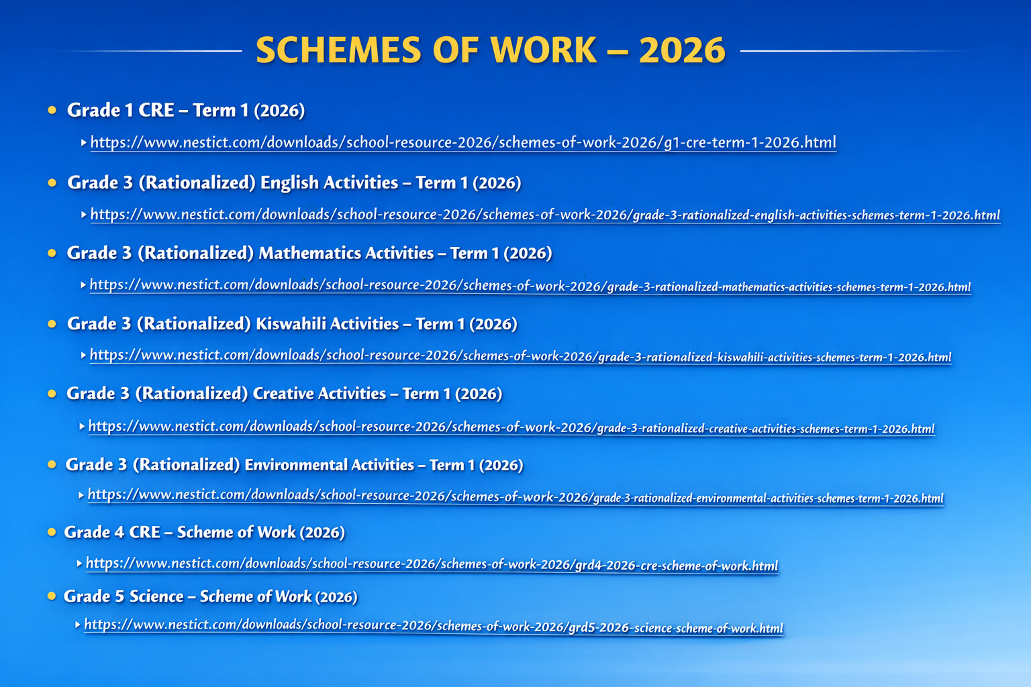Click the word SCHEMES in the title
click(x=338, y=50)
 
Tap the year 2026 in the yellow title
click(x=682, y=50)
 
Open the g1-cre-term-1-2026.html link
click(x=463, y=142)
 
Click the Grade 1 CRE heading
click(x=186, y=111)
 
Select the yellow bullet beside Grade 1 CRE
click(x=52, y=110)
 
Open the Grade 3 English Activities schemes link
click(x=545, y=215)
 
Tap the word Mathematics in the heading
click(x=346, y=253)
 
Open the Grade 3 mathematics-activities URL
click(x=530, y=285)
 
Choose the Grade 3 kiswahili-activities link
click(x=521, y=356)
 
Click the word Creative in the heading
click(x=281, y=394)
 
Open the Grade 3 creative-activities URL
click(x=511, y=427)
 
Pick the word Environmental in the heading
click(x=296, y=465)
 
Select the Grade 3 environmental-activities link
click(x=515, y=496)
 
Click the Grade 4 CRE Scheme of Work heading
click(x=204, y=533)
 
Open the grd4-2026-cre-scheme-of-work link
click(x=432, y=564)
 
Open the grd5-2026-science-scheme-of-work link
click(x=434, y=626)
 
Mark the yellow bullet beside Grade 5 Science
click(x=52, y=596)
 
